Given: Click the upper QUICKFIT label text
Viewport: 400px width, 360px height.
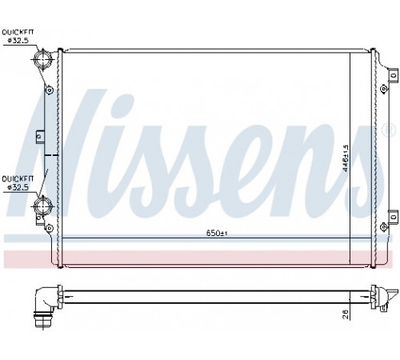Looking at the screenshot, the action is coord(18,32).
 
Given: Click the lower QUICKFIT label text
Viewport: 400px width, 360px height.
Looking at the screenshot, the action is coord(18,178).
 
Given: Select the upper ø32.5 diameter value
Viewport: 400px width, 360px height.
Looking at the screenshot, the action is coord(18,41).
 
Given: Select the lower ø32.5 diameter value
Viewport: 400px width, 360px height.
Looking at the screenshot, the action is coord(18,187).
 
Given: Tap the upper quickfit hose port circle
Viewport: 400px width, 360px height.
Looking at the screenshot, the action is coord(42,58).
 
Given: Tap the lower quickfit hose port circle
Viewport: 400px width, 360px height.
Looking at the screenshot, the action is coord(42,206).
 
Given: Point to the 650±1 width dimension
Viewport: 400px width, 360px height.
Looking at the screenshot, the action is coord(217,233).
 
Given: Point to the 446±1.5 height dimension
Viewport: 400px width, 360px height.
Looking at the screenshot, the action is coord(346,158).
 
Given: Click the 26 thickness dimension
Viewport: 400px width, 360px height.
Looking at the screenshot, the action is coord(346,314).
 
